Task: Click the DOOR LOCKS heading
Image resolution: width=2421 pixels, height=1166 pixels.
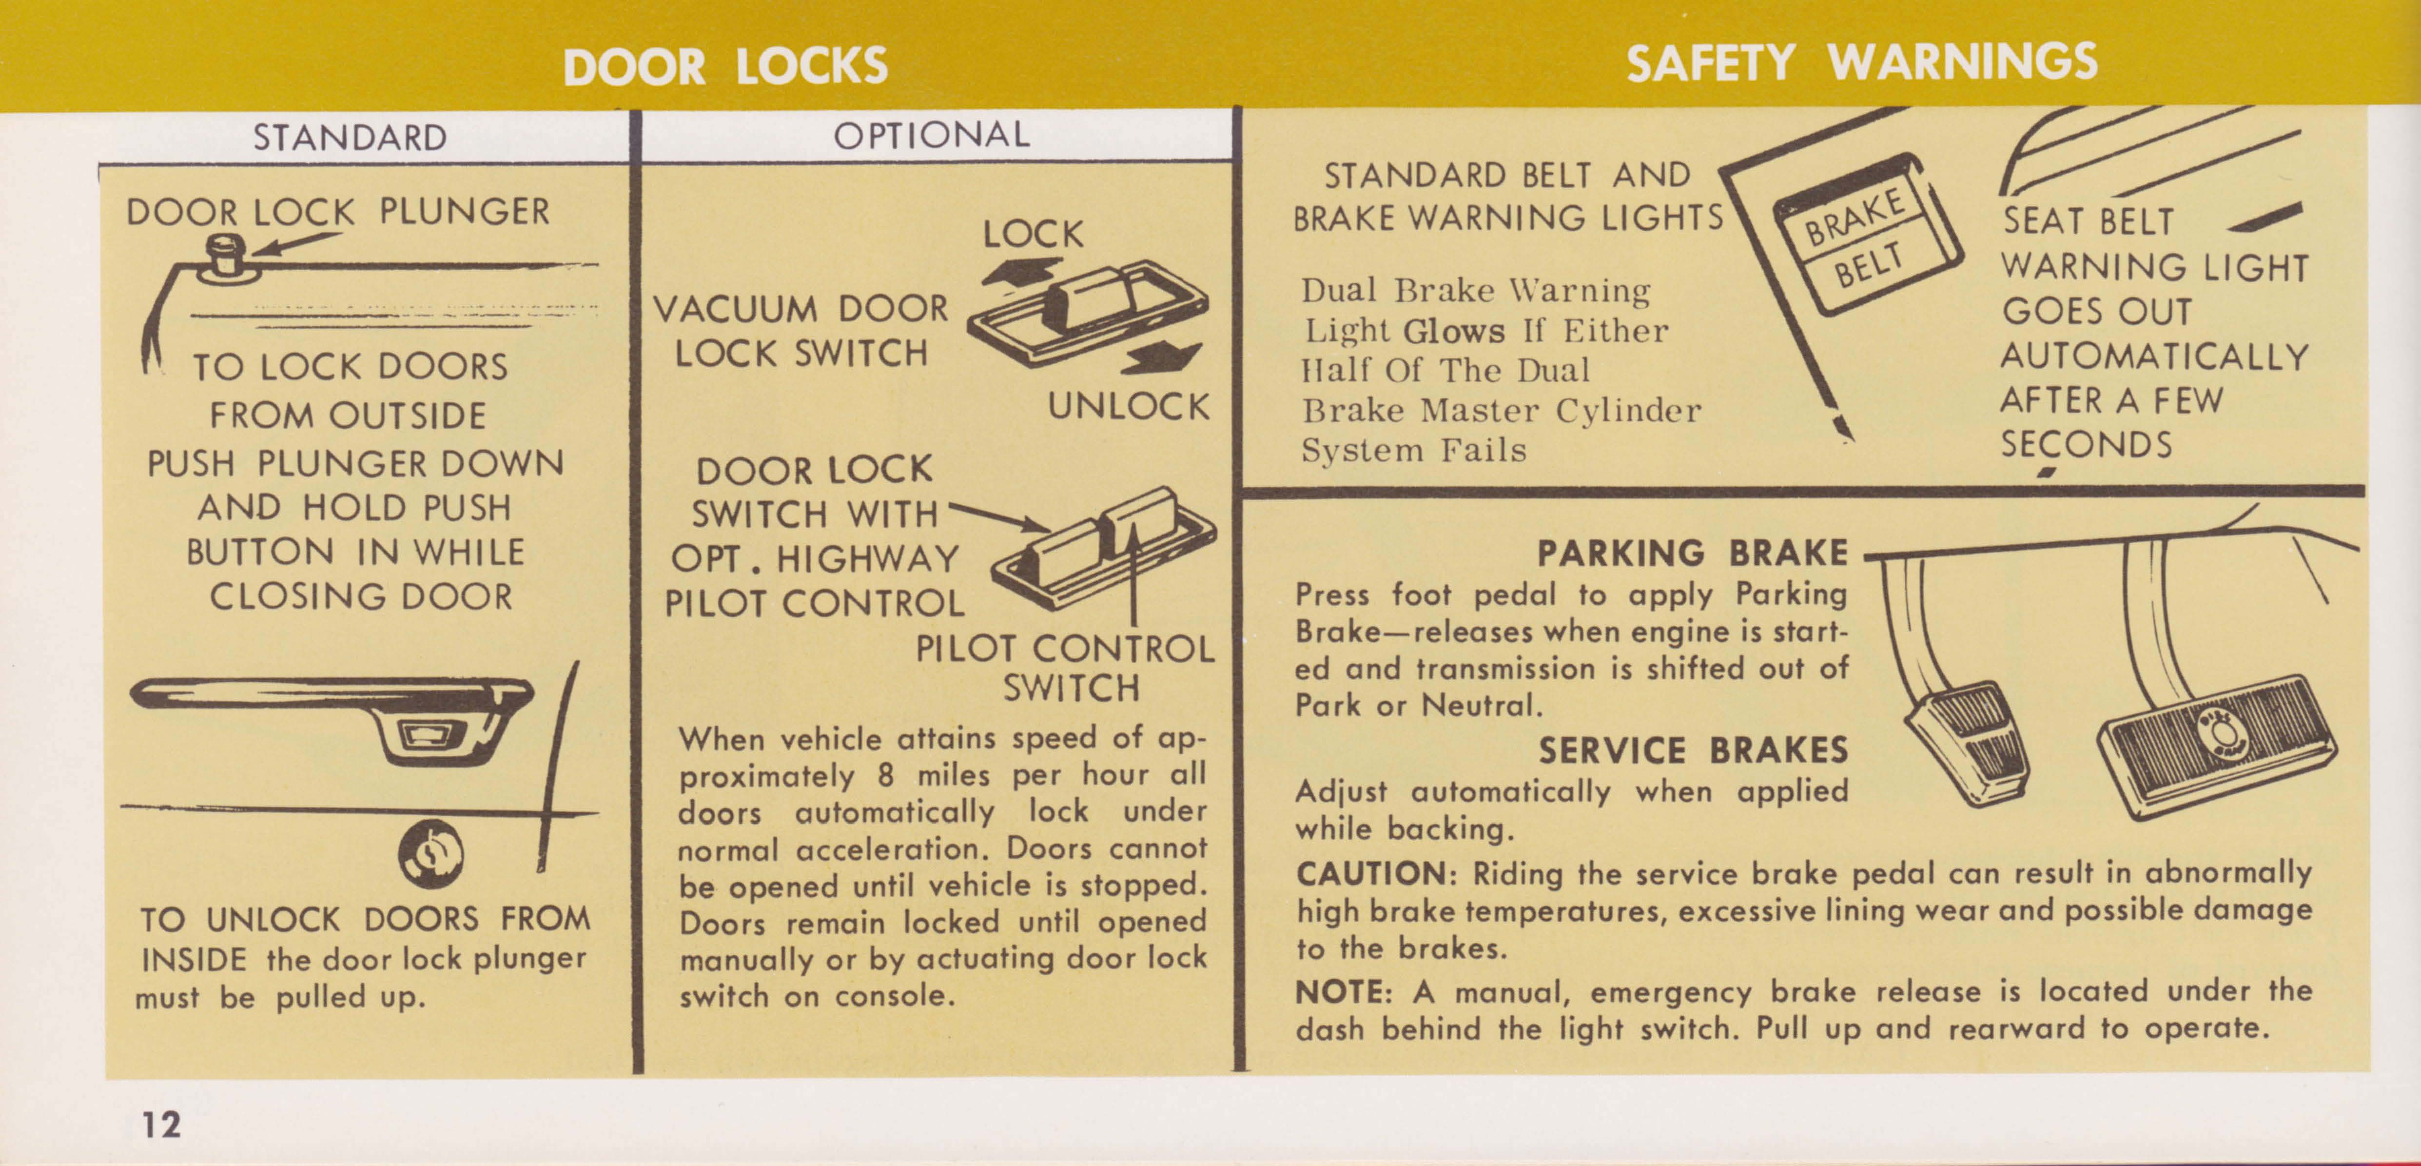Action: (724, 66)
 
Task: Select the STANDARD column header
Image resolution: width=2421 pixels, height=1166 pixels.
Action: (350, 138)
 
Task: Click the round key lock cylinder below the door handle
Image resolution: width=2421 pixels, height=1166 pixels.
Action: (430, 852)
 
